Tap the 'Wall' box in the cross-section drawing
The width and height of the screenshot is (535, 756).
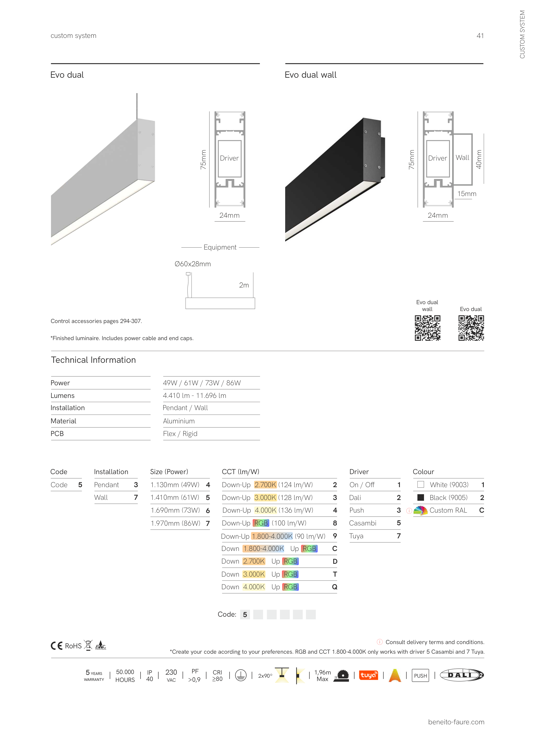(x=463, y=158)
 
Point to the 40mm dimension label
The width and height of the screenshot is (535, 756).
(x=479, y=159)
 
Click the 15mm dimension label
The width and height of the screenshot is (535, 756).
(x=467, y=194)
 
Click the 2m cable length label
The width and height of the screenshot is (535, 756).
(x=244, y=285)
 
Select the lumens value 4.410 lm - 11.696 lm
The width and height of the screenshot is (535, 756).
(x=195, y=396)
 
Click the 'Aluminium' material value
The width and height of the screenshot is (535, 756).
(x=179, y=421)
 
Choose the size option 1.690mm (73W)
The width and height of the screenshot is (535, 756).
(x=175, y=510)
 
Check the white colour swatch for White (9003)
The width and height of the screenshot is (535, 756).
(x=421, y=485)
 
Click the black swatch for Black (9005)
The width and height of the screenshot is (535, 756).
(x=421, y=497)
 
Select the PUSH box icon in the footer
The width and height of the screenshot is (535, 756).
(x=420, y=676)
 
